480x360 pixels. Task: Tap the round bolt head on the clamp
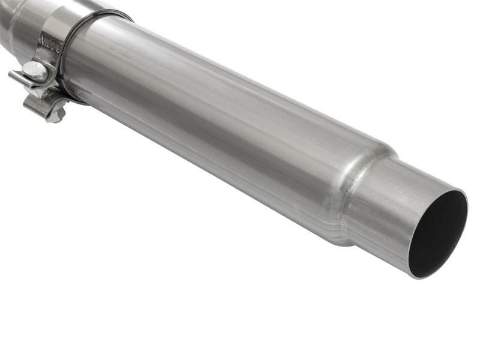click(35, 70)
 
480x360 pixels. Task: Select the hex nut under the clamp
click(56, 113)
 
